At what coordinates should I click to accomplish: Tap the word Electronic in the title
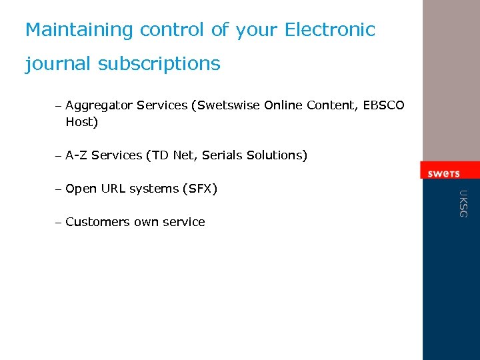(330, 30)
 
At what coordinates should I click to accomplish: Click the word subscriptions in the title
(159, 64)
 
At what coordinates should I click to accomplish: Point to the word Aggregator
(99, 106)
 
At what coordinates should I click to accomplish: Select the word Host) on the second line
(81, 122)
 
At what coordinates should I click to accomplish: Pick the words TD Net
(171, 155)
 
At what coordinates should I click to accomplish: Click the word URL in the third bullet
(113, 189)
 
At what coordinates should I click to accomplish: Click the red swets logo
(443, 173)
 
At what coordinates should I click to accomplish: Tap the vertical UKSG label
(463, 203)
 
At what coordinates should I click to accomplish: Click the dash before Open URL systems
(59, 189)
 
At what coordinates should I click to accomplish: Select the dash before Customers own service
(59, 223)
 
